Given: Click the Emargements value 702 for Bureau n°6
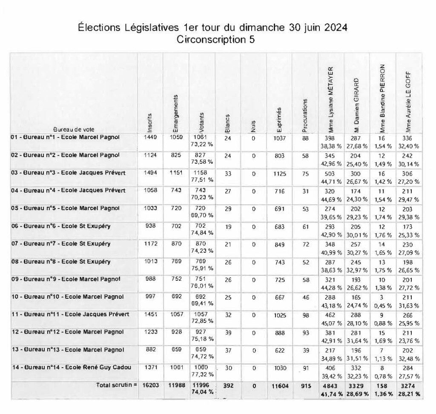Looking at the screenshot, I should point(176,226).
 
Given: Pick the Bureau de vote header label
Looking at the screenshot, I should point(74,129).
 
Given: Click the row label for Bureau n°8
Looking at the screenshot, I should point(60,261).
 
